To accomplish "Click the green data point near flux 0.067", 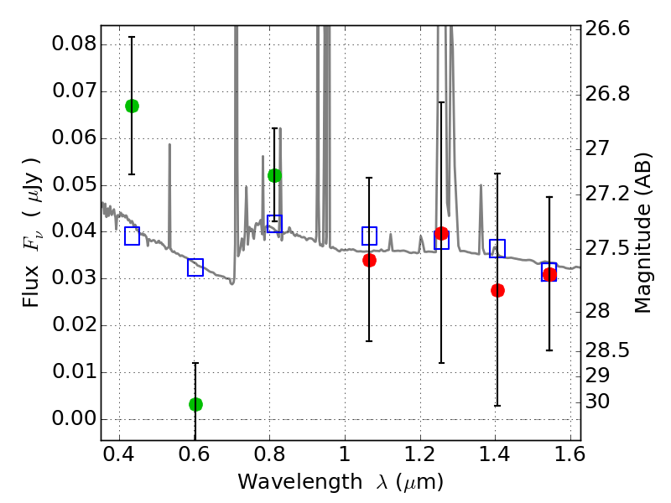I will pos(132,106).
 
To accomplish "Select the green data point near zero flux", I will pos(195,404).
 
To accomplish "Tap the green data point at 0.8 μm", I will pos(274,175).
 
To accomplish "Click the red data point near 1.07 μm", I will pos(369,260).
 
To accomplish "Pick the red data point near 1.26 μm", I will pos(441,233).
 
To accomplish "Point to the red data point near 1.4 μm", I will pos(497,290).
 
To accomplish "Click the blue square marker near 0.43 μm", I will pos(132,236).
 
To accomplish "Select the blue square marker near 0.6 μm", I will pos(195,267).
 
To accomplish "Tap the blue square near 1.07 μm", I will pos(369,236).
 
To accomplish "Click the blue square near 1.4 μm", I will pos(497,248).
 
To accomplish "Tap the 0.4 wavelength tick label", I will pos(119,459).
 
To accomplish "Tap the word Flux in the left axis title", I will pos(31,265).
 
